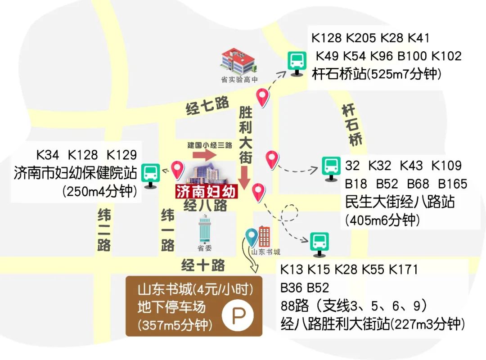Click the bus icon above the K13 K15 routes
pyautogui.click(x=319, y=242)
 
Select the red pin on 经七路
pyautogui.click(x=262, y=97)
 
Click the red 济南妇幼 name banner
pyautogui.click(x=206, y=192)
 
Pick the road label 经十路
pyautogui.click(x=203, y=265)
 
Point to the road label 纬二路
pyautogui.click(x=104, y=229)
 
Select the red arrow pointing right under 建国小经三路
pyautogui.click(x=205, y=155)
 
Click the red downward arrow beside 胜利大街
pyautogui.click(x=244, y=177)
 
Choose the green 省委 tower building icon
pyautogui.click(x=205, y=229)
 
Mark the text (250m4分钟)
pyautogui.click(x=100, y=191)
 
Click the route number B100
pyautogui.click(x=412, y=56)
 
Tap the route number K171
pyautogui.click(x=403, y=270)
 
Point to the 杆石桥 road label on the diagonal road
pyautogui.click(x=352, y=125)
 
